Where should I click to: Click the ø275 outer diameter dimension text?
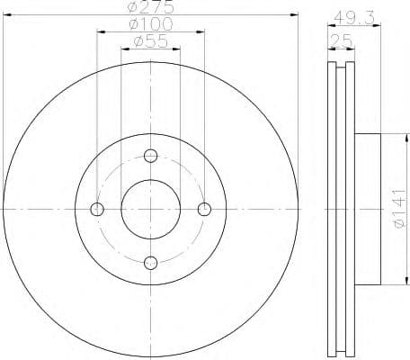(x=150, y=8)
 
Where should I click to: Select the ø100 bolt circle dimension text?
(x=150, y=24)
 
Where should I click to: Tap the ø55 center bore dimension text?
(x=150, y=41)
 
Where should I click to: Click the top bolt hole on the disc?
(x=151, y=155)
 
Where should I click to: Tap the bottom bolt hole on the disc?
(x=151, y=262)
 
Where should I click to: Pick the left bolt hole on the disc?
(x=98, y=209)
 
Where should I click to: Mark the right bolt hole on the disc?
(x=204, y=209)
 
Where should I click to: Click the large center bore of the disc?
(x=151, y=209)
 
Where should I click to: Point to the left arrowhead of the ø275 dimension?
(x=9, y=16)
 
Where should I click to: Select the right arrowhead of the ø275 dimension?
(x=293, y=16)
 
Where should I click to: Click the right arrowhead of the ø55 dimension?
(x=178, y=49)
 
